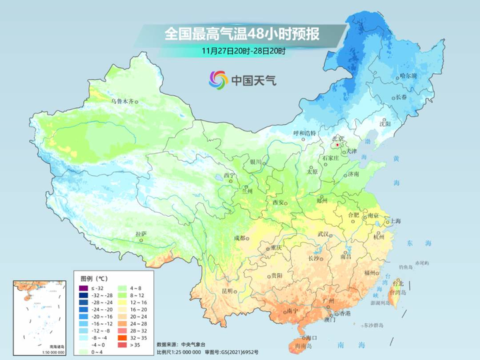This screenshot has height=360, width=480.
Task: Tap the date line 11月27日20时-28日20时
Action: click(243, 50)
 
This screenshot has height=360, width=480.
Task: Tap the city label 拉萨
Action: click(141, 234)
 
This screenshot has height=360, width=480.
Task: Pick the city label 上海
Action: click(395, 221)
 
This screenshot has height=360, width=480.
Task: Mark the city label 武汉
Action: click(324, 234)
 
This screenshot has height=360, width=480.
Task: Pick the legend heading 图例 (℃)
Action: click(94, 278)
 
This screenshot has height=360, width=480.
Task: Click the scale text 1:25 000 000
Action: click(181, 351)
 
